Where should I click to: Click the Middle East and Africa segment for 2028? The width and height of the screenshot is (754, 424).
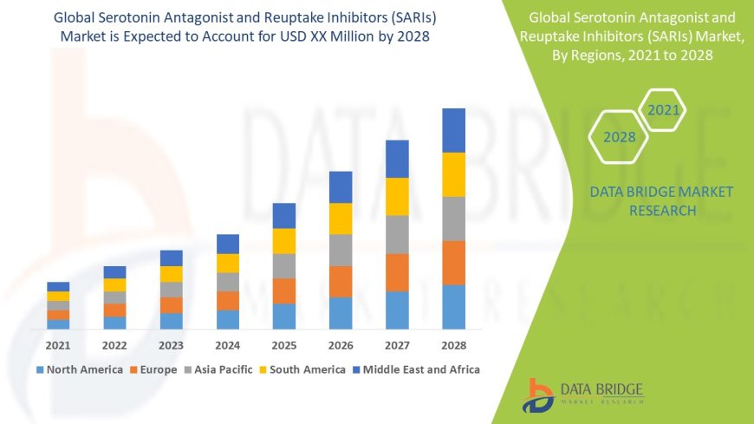453,130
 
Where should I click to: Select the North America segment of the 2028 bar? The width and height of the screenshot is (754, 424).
453,307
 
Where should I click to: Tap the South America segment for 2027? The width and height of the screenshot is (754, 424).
397,196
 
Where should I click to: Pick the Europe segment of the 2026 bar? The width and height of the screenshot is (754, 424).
341,281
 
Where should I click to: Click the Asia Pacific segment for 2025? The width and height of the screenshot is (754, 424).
284,265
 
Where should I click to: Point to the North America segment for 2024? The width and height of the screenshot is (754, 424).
228,319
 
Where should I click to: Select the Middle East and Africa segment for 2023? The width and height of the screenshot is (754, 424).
172,258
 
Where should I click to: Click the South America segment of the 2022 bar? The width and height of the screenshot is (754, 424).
114,284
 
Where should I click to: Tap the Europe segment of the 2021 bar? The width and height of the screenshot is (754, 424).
58,315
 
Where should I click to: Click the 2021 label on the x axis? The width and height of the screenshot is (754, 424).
58,344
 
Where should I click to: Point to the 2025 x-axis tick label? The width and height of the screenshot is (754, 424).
284,344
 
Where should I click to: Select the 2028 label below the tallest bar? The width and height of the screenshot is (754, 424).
453,344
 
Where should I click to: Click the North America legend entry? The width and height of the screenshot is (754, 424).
79,369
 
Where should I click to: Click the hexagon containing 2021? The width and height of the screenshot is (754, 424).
664,110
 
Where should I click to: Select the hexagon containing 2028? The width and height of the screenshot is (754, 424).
620,137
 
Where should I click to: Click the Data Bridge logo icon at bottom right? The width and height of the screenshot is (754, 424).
538,395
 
